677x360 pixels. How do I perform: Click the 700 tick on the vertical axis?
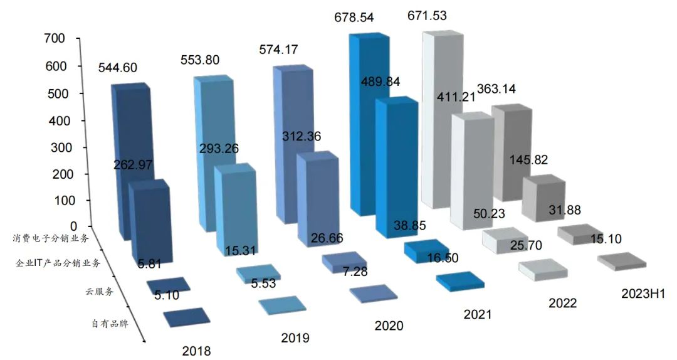click(x=55, y=39)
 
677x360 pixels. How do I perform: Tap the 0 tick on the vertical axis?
click(x=73, y=226)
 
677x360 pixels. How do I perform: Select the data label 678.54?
click(x=354, y=18)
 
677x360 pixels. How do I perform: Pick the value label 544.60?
click(x=118, y=68)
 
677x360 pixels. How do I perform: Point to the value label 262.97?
click(x=134, y=165)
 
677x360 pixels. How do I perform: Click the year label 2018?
click(x=197, y=350)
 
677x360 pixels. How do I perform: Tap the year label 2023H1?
click(x=643, y=294)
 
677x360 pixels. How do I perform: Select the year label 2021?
click(x=478, y=314)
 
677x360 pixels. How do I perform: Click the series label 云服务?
click(x=100, y=291)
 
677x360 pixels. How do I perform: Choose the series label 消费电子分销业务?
click(x=50, y=238)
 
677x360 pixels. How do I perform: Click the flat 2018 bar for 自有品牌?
click(x=186, y=317)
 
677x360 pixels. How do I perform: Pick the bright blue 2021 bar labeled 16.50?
click(x=461, y=282)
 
